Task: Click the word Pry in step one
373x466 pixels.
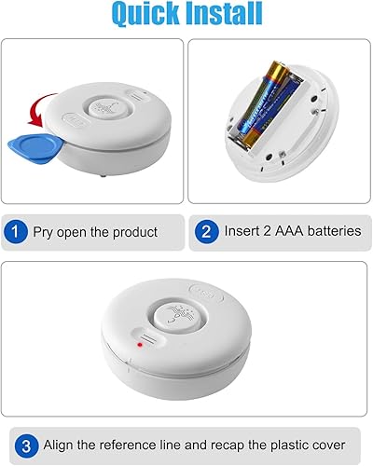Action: tap(44, 231)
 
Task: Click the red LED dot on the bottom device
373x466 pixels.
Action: tap(138, 345)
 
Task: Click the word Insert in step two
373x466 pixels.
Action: tap(242, 231)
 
